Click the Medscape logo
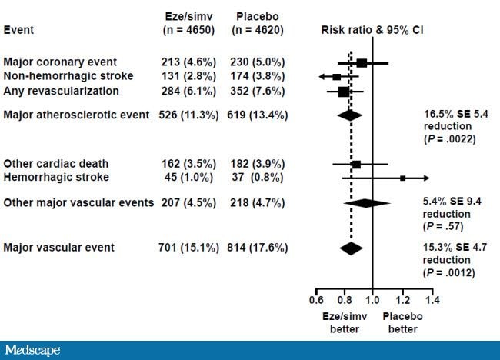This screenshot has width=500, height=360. [x=32, y=350]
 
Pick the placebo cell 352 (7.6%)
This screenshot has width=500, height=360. [x=258, y=91]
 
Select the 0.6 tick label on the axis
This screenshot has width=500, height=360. [x=315, y=299]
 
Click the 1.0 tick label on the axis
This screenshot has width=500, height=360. [x=373, y=299]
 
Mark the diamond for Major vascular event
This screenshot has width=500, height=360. [x=351, y=248]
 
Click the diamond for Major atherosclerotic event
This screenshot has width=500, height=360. [x=350, y=115]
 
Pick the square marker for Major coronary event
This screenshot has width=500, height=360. [x=362, y=63]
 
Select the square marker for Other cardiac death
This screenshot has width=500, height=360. [x=356, y=164]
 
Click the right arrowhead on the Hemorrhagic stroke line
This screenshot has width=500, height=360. [x=426, y=178]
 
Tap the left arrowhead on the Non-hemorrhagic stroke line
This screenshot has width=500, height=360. [x=322, y=77]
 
